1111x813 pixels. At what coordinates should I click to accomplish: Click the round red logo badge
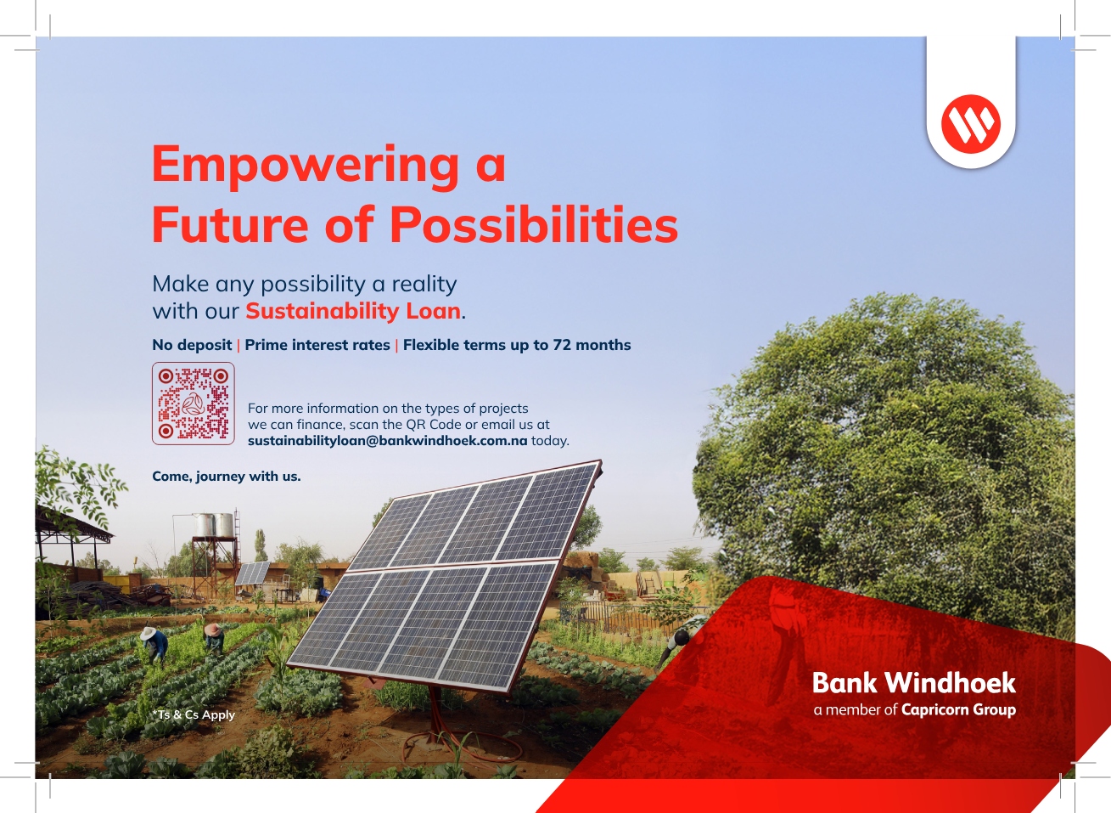coord(971,123)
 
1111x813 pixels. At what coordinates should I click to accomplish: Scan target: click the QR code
coord(193,403)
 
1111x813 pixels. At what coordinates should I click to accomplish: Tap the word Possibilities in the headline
coord(534,223)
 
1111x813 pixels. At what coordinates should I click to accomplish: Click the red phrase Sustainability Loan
coord(353,311)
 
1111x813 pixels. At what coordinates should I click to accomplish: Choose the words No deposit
coord(192,345)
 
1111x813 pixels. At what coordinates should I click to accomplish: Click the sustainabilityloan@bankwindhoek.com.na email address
coord(387,440)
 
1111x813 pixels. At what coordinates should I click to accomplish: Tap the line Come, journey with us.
coord(226,477)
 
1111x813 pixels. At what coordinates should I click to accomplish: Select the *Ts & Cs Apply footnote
coord(194,714)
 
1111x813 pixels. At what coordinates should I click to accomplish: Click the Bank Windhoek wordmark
coord(913,682)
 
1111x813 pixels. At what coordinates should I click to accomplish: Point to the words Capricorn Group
coord(958,709)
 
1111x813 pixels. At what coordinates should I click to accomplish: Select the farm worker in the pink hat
coord(214,638)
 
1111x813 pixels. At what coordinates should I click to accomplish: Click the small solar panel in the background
coord(252,573)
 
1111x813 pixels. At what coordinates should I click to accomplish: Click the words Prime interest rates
coord(317,345)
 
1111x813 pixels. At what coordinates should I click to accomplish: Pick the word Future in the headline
coord(230,224)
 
